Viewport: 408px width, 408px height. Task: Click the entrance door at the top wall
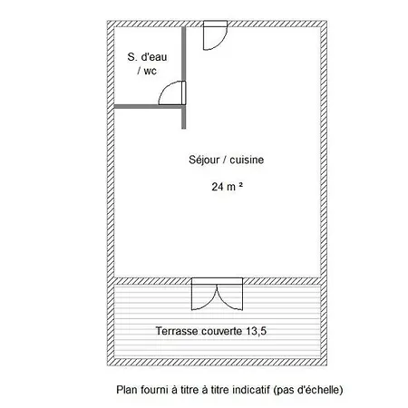pyautogui.click(x=215, y=35)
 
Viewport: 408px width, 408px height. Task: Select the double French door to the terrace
pyautogui.click(x=217, y=294)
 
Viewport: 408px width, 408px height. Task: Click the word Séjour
pyautogui.click(x=205, y=160)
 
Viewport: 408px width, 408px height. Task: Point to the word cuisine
pyautogui.click(x=247, y=160)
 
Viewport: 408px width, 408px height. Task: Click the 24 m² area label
pyautogui.click(x=228, y=187)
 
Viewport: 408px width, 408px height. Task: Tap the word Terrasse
pyautogui.click(x=177, y=331)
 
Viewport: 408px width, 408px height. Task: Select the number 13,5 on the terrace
pyautogui.click(x=256, y=331)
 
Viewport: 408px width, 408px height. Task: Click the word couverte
pyautogui.click(x=222, y=331)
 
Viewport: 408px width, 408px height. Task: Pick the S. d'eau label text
pyautogui.click(x=147, y=57)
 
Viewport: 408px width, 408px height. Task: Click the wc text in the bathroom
pyautogui.click(x=150, y=71)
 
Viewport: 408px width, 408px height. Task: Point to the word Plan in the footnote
pyautogui.click(x=126, y=390)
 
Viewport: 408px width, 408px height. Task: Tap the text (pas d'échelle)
pyautogui.click(x=307, y=390)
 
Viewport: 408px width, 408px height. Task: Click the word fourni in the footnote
pyautogui.click(x=153, y=390)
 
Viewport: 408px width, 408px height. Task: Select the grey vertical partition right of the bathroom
pyautogui.click(x=183, y=78)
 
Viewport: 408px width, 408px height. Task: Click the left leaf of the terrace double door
pyautogui.click(x=204, y=297)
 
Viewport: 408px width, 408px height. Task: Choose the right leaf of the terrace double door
pyautogui.click(x=229, y=297)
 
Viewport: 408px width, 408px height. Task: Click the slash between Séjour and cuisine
pyautogui.click(x=226, y=160)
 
